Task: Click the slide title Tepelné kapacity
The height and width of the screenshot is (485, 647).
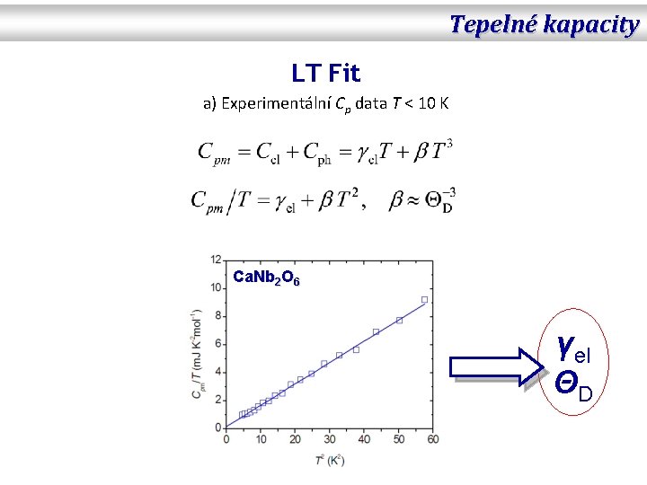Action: coord(544,24)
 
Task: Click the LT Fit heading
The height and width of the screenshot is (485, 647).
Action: coord(325,72)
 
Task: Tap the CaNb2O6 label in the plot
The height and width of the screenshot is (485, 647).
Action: coord(266,278)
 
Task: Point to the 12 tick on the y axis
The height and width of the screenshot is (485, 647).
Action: coord(216,260)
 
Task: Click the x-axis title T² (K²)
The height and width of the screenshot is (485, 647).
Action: coord(330,460)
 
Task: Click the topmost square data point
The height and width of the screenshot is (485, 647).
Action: coord(424,300)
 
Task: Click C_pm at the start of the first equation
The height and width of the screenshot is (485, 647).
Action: coord(214,153)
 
